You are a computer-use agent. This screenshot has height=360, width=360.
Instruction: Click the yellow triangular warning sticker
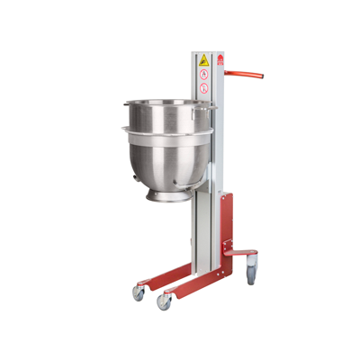203,61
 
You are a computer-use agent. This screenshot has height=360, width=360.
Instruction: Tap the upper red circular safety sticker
203,76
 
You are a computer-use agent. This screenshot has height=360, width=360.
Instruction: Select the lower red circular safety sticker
203,89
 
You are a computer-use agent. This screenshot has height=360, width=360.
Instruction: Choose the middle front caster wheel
165,301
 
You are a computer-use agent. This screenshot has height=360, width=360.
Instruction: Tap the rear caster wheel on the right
251,265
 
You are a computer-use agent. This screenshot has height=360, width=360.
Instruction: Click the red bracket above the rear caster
243,252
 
